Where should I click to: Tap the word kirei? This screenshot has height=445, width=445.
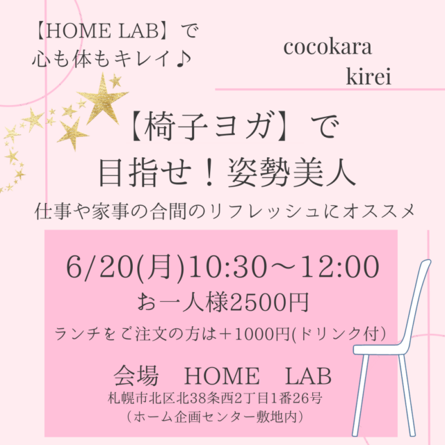(x=368, y=77)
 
